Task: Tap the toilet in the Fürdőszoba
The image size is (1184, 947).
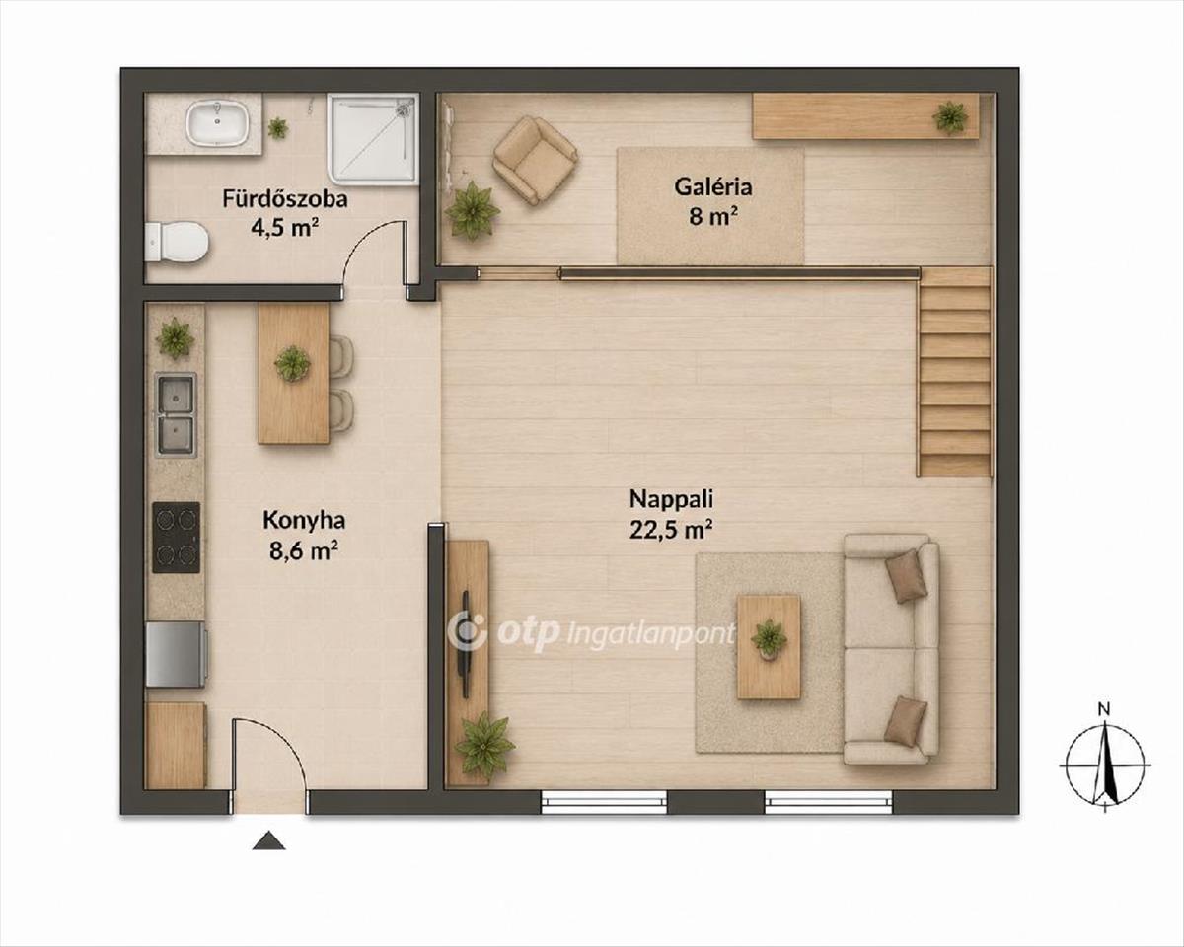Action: click(177, 242)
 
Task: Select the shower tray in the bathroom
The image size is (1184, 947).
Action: click(373, 137)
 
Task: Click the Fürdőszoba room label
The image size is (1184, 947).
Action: click(285, 198)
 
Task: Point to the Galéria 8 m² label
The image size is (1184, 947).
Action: click(713, 201)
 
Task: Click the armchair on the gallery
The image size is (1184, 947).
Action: click(536, 160)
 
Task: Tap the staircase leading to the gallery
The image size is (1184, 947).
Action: click(955, 373)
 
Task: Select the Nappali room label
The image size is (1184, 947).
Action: click(671, 499)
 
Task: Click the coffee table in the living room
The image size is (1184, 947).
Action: click(769, 647)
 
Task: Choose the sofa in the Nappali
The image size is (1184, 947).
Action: click(891, 649)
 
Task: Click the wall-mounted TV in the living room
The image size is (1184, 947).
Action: click(466, 644)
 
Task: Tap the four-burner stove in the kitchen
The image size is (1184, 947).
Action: click(176, 538)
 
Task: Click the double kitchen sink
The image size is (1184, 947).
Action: click(176, 415)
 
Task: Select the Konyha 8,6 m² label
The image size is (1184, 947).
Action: click(304, 535)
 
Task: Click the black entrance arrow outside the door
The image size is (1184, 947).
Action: click(268, 841)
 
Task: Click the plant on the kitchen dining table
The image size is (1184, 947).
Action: click(292, 364)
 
